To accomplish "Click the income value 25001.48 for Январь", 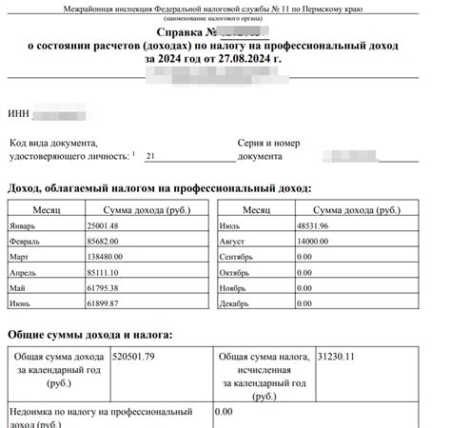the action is click(x=102, y=225).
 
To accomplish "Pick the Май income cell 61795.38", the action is click(x=102, y=286).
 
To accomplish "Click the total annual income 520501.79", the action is click(x=133, y=357).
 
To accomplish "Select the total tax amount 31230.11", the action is click(x=339, y=357).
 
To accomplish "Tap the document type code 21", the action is click(x=151, y=155).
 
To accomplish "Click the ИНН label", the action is click(x=19, y=116).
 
